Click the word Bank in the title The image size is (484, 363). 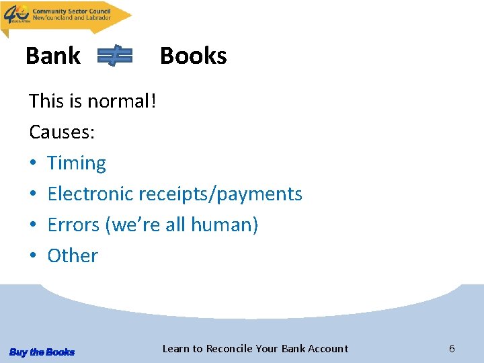pos(52,56)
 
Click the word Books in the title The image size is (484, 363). pos(194,56)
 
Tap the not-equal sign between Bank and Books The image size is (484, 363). pos(115,56)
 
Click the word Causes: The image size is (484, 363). pos(62,132)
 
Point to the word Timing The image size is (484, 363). pos(77,163)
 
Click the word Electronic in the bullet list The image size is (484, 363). pos(90,194)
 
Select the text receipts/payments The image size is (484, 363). pos(220,194)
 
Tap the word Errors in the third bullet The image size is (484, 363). pos(73,225)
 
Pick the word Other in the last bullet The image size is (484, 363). pos(73,255)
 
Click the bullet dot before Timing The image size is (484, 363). pos(34,164)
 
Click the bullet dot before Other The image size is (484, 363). pos(34,256)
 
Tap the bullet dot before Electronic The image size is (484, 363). pos(34,195)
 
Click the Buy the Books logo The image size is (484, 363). pos(42,352)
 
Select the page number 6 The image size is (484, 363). pos(452,348)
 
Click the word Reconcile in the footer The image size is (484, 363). pos(229,348)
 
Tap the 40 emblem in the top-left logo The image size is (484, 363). pos(16,13)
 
